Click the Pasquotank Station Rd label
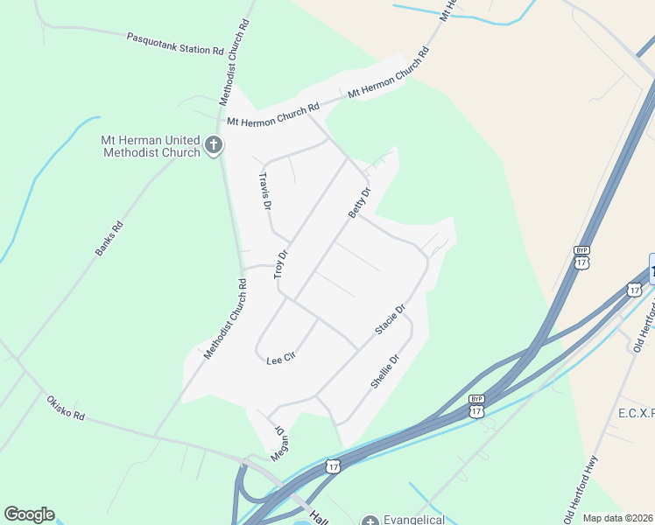[x=175, y=45]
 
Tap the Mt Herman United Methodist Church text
[x=151, y=146]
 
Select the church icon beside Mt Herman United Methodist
[x=214, y=146]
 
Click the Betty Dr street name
[x=360, y=202]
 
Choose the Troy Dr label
[x=281, y=263]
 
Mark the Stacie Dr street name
[x=391, y=319]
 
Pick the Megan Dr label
[x=279, y=444]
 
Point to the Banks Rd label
[x=109, y=238]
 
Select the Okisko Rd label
[x=66, y=408]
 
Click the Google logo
[x=29, y=514]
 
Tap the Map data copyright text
[x=618, y=518]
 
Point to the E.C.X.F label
[x=623, y=411]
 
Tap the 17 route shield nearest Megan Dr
[x=332, y=467]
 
